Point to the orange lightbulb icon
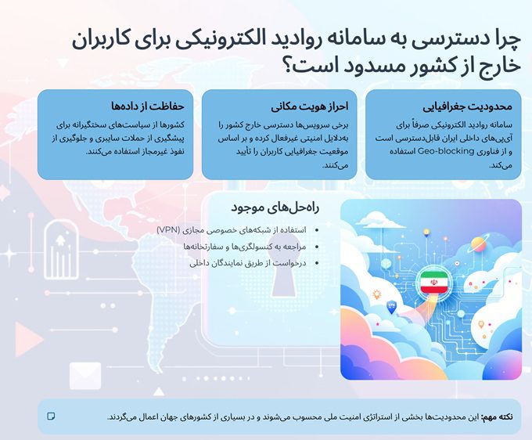pyautogui.click(x=378, y=294)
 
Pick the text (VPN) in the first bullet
pyautogui.click(x=167, y=229)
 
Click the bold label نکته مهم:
pyautogui.click(x=498, y=417)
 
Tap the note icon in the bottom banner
pyautogui.click(x=52, y=416)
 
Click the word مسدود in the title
pyautogui.click(x=359, y=68)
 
